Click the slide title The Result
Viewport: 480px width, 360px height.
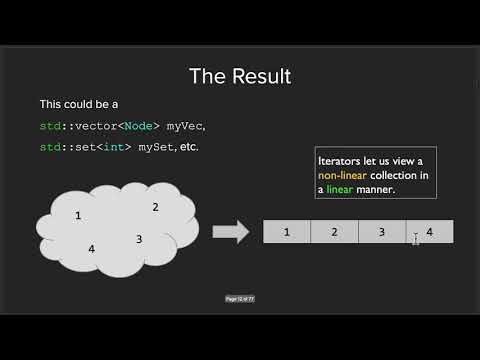point(239,76)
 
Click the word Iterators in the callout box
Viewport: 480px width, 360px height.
point(341,162)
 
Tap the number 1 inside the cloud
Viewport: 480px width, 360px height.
point(78,216)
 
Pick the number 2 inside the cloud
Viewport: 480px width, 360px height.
point(155,207)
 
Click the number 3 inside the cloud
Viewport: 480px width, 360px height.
point(139,238)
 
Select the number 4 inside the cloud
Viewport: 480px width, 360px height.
point(91,248)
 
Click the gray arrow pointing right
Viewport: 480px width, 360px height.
point(231,232)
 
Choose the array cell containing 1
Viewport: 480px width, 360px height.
point(287,232)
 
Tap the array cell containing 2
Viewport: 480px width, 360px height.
point(334,232)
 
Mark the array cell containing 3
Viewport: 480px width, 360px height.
point(381,232)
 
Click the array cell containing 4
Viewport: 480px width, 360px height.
point(430,232)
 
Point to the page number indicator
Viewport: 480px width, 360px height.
point(240,298)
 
